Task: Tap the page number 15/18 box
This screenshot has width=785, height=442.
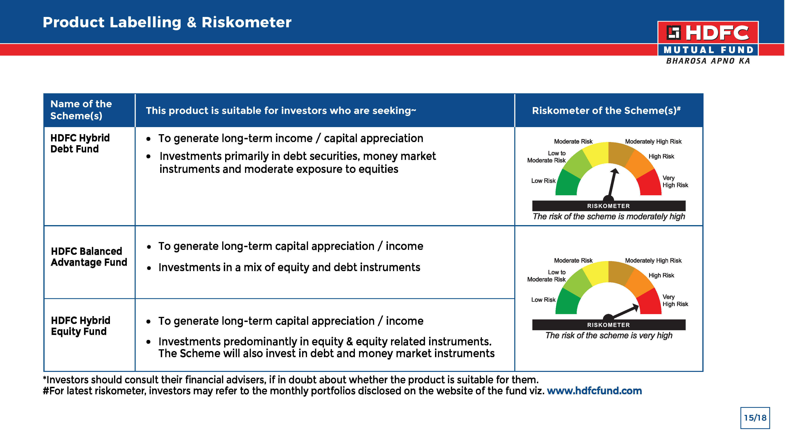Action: coord(755,418)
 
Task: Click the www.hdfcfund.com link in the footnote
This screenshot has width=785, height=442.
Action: coord(594,391)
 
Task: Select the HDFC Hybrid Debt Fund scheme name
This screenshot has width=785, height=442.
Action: coord(80,143)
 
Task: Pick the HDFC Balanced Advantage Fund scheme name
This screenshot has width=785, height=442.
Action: coord(89,257)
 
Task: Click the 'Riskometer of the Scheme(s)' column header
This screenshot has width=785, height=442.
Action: coord(606,110)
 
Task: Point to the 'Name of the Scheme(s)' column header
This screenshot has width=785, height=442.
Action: coord(81,110)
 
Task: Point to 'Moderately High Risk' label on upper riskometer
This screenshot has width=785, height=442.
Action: coord(653,141)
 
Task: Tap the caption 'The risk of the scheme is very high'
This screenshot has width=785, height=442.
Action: coord(609,335)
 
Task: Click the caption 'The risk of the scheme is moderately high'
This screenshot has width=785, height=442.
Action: coord(609,216)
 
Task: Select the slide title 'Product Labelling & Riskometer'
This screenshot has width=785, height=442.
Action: coord(167,22)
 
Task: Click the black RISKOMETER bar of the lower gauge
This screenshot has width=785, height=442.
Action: coord(609,325)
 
